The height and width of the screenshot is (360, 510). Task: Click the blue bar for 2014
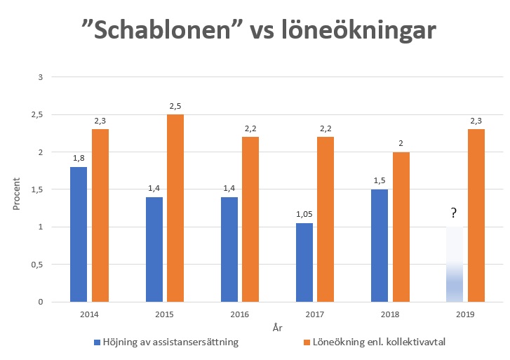coord(79,234)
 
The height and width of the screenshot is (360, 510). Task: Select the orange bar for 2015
coord(175,208)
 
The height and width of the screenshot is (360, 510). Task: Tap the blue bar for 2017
coord(304,262)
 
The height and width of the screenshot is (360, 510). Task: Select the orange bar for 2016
coord(250,220)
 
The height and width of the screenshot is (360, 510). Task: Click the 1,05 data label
coord(304,215)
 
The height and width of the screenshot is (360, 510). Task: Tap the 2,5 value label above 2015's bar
coord(175,106)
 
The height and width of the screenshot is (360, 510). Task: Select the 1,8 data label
coord(79,159)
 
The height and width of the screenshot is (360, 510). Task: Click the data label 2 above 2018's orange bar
coord(401,144)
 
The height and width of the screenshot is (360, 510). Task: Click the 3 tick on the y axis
coord(41,76)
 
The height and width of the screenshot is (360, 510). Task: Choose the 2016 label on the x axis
coord(239,315)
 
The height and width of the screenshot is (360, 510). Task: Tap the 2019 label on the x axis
coord(464,315)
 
